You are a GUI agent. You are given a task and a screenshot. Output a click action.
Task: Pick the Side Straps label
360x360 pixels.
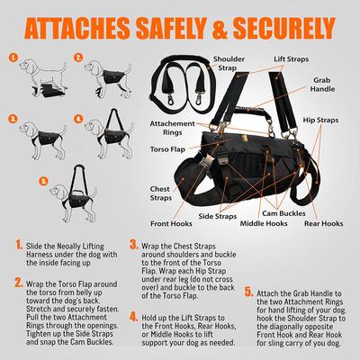pos(218,217)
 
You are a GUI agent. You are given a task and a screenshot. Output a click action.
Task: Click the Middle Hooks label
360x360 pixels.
pos(274,222)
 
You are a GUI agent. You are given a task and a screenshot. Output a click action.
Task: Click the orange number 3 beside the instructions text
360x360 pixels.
pos(134,244)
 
